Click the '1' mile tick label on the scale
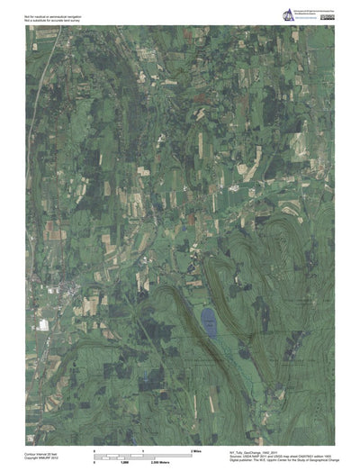pos(144,448)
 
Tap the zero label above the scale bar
pos(94,448)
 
